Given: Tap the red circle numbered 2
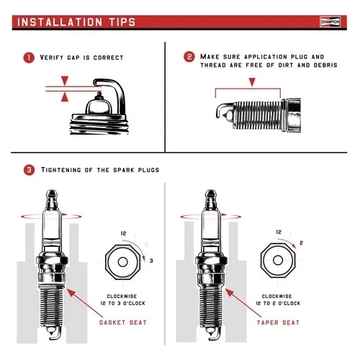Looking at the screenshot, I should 189,57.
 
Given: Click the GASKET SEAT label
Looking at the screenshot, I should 122,322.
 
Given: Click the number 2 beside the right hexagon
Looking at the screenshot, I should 301,243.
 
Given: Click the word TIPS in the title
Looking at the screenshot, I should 118,22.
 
